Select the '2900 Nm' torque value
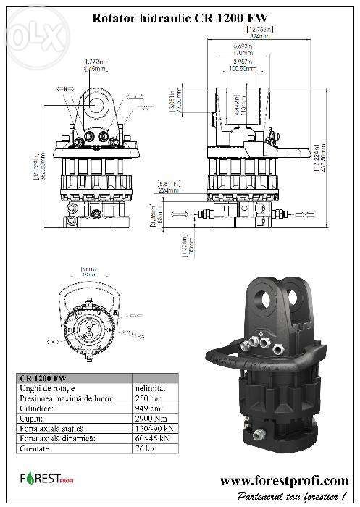click(150, 417)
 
